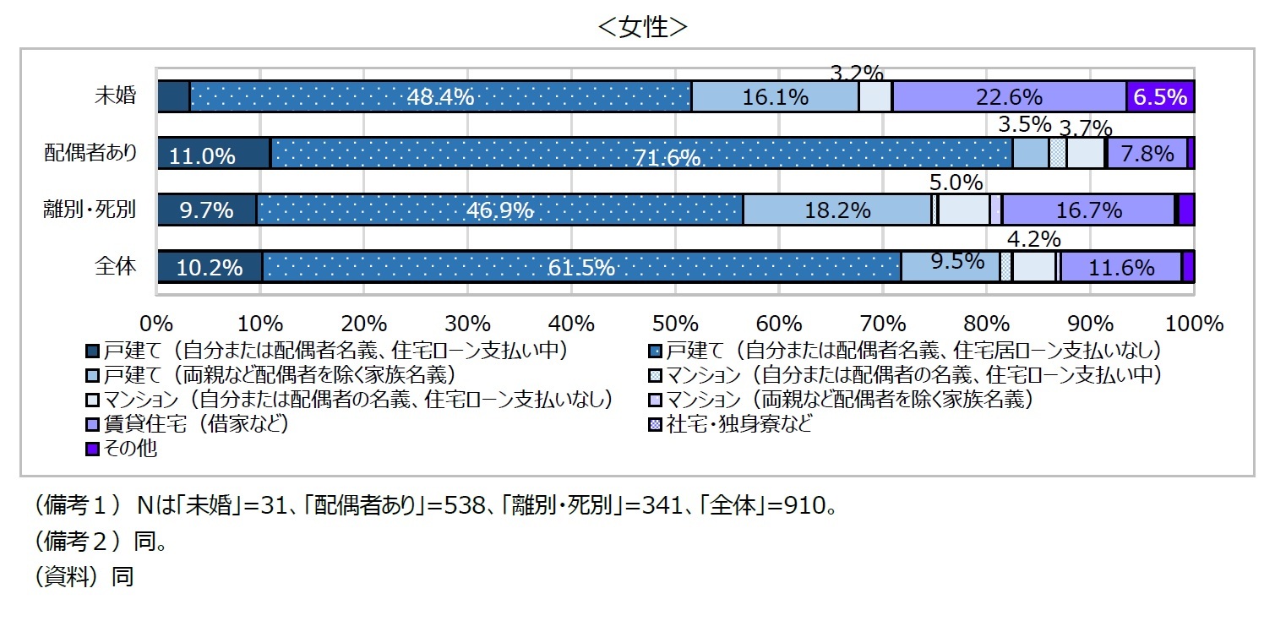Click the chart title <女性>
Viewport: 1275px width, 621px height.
[642, 27]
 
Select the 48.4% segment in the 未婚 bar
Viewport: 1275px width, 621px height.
[440, 97]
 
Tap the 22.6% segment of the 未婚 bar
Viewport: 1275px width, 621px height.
[1009, 97]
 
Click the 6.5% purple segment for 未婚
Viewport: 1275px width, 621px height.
[1160, 97]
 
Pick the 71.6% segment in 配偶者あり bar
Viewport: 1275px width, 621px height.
[642, 154]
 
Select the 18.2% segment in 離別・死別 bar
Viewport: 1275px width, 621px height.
[836, 210]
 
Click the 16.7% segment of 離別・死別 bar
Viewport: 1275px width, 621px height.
[1087, 210]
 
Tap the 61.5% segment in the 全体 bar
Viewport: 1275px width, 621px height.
[581, 267]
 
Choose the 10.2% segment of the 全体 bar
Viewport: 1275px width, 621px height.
[210, 267]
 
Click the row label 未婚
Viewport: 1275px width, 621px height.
[115, 96]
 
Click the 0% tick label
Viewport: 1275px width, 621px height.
[157, 324]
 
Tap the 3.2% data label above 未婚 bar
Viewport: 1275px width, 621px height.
[857, 74]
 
